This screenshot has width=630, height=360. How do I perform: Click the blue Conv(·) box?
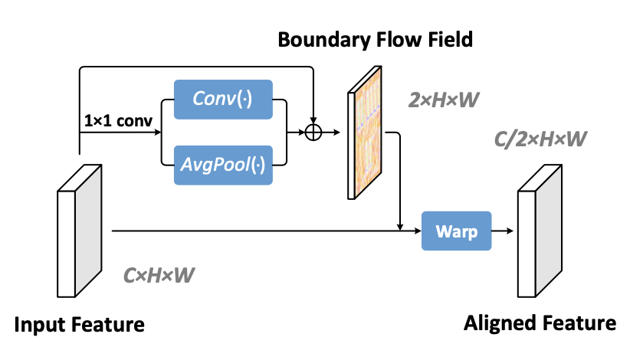coord(223,99)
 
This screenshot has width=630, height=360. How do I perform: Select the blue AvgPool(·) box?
coord(223,165)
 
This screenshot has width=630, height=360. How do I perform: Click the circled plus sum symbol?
coord(313,132)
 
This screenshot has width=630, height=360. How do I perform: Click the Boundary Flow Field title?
coord(376,39)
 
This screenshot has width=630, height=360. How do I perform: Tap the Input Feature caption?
coord(80,324)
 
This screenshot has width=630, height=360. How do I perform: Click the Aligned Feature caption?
coord(540,323)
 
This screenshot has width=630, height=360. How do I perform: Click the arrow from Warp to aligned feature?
coord(503,231)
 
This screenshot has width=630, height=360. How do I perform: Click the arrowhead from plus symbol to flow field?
coord(337,132)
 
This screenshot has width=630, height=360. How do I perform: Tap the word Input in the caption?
coord(36,324)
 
